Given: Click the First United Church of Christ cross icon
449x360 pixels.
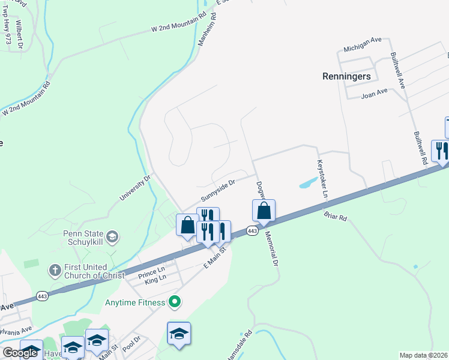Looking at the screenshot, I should click(54, 269).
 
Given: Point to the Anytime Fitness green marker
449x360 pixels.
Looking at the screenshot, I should click(175, 302).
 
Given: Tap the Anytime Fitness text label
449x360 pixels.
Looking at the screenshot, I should click(136, 302).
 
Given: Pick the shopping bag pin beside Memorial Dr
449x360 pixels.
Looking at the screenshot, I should click(264, 211).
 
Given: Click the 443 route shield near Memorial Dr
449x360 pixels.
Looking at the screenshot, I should click(252, 231).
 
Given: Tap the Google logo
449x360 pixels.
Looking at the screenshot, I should click(20, 353).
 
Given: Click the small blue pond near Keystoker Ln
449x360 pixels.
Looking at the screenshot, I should click(307, 182).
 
